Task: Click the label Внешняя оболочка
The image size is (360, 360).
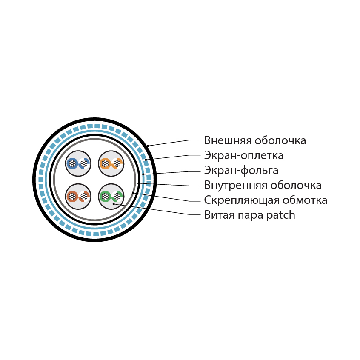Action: (255, 140)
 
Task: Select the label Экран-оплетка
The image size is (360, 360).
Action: (243, 155)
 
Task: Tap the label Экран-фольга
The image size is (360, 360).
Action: (241, 171)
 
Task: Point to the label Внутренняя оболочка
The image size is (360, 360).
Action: (263, 185)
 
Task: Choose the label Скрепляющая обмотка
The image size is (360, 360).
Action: (266, 200)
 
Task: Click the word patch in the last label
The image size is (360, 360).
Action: (280, 215)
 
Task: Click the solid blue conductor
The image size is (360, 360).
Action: (72, 163)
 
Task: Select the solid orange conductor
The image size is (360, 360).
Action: (105, 163)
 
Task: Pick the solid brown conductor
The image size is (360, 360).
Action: (72, 197)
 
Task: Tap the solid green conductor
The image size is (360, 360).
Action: (105, 197)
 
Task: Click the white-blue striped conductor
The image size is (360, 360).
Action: (84, 163)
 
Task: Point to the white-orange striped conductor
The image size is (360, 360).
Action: (117, 163)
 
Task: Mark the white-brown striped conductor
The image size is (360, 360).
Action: (84, 197)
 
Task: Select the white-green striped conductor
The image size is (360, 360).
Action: (117, 197)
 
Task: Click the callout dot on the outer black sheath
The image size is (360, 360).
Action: (148, 146)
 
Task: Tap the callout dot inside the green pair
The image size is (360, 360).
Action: (114, 204)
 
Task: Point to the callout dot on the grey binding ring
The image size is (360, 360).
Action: (133, 193)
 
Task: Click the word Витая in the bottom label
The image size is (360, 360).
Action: (219, 215)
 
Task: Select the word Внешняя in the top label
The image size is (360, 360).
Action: (228, 140)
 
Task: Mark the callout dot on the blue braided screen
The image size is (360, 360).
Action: (146, 160)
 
